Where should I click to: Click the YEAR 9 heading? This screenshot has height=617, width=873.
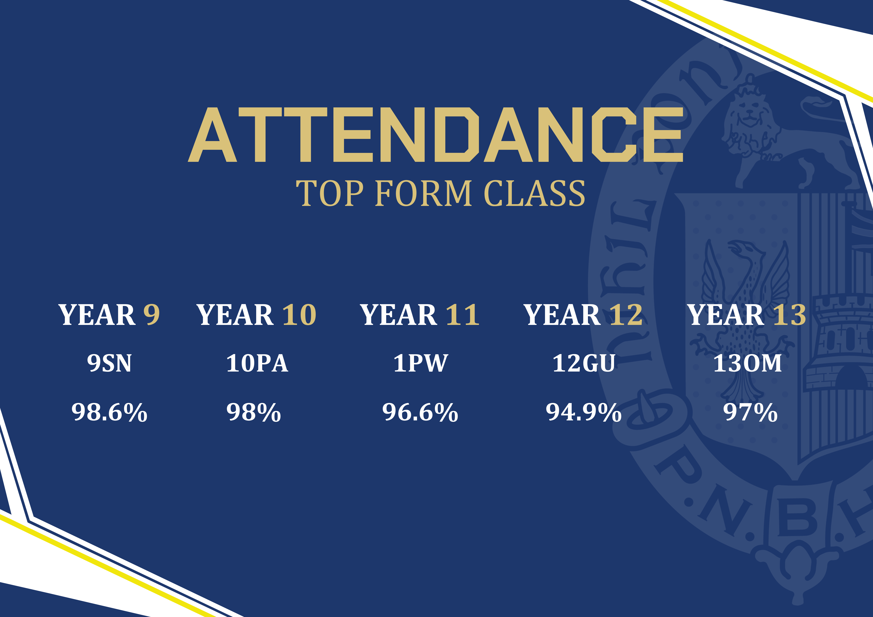[x=109, y=315]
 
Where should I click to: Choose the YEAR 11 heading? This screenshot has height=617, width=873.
[x=420, y=315]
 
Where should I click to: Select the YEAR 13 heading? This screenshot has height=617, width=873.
[x=747, y=315]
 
